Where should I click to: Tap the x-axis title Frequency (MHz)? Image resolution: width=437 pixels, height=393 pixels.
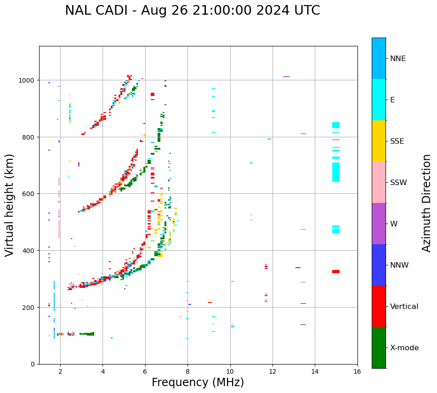coord(198,382)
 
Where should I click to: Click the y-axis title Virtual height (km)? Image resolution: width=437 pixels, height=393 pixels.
coord(10,205)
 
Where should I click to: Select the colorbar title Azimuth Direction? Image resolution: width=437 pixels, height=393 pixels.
coord(427,203)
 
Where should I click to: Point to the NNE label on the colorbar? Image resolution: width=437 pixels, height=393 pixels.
coord(398,58)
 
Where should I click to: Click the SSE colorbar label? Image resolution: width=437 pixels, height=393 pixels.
coord(397,141)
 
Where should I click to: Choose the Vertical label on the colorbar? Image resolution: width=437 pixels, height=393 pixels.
coord(404,306)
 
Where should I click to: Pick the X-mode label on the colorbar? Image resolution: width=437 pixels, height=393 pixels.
coord(404,348)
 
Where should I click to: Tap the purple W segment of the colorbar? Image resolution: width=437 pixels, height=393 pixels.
coord(379,224)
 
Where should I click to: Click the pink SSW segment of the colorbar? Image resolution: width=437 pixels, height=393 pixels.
coord(379,182)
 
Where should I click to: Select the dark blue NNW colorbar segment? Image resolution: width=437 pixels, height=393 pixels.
coord(379,265)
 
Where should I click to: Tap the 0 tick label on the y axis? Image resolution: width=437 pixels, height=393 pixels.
coord(33,364)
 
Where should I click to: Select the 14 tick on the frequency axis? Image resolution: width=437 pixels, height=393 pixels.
coord(315,372)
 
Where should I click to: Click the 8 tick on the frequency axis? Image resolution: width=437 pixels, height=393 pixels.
coord(187,372)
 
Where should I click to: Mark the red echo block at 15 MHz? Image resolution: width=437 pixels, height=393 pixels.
coord(336,271)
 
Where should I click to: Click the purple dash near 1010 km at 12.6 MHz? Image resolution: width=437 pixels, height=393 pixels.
coord(286,77)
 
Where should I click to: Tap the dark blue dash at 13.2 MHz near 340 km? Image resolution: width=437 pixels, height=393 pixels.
coord(298,268)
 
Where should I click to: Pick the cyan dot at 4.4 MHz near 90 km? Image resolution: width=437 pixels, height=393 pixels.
coord(112,338)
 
